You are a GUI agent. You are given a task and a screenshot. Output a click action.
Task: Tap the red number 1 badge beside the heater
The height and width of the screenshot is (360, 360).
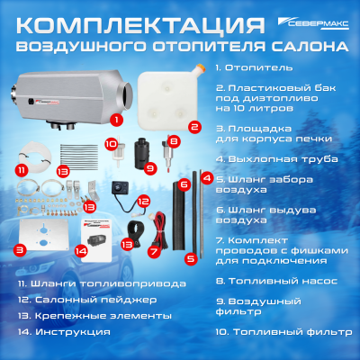coord(115,118)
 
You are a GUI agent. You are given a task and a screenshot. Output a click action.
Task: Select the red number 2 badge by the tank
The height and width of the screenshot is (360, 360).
coord(193,128)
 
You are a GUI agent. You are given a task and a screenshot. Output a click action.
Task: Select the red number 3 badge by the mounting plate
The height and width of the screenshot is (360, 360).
coord(19,249)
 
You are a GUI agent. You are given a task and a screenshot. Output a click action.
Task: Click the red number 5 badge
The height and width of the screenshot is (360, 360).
coord(190,258)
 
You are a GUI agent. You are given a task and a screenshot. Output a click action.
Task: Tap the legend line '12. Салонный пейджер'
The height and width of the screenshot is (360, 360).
coord(82,299)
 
